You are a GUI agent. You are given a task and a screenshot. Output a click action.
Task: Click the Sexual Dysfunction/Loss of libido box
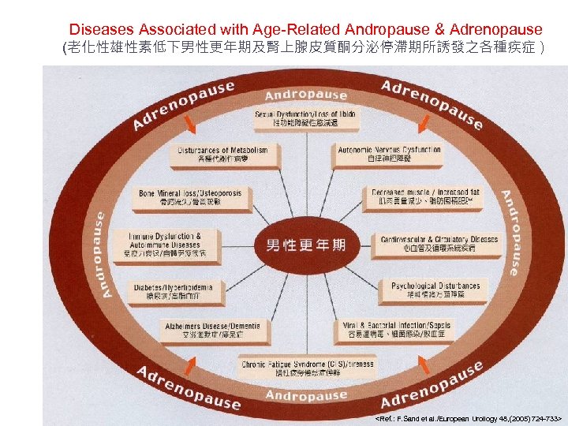coord(305,119)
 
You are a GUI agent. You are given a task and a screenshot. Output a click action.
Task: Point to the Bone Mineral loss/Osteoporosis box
coord(190,197)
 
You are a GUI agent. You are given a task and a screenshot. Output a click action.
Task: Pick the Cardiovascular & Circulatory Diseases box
coord(439,244)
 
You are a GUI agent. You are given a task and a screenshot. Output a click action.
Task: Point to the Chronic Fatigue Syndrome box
coord(306,367)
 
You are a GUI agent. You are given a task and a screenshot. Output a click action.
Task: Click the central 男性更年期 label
coord(306,245)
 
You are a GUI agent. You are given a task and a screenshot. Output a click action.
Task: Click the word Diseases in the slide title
coord(99,30)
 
